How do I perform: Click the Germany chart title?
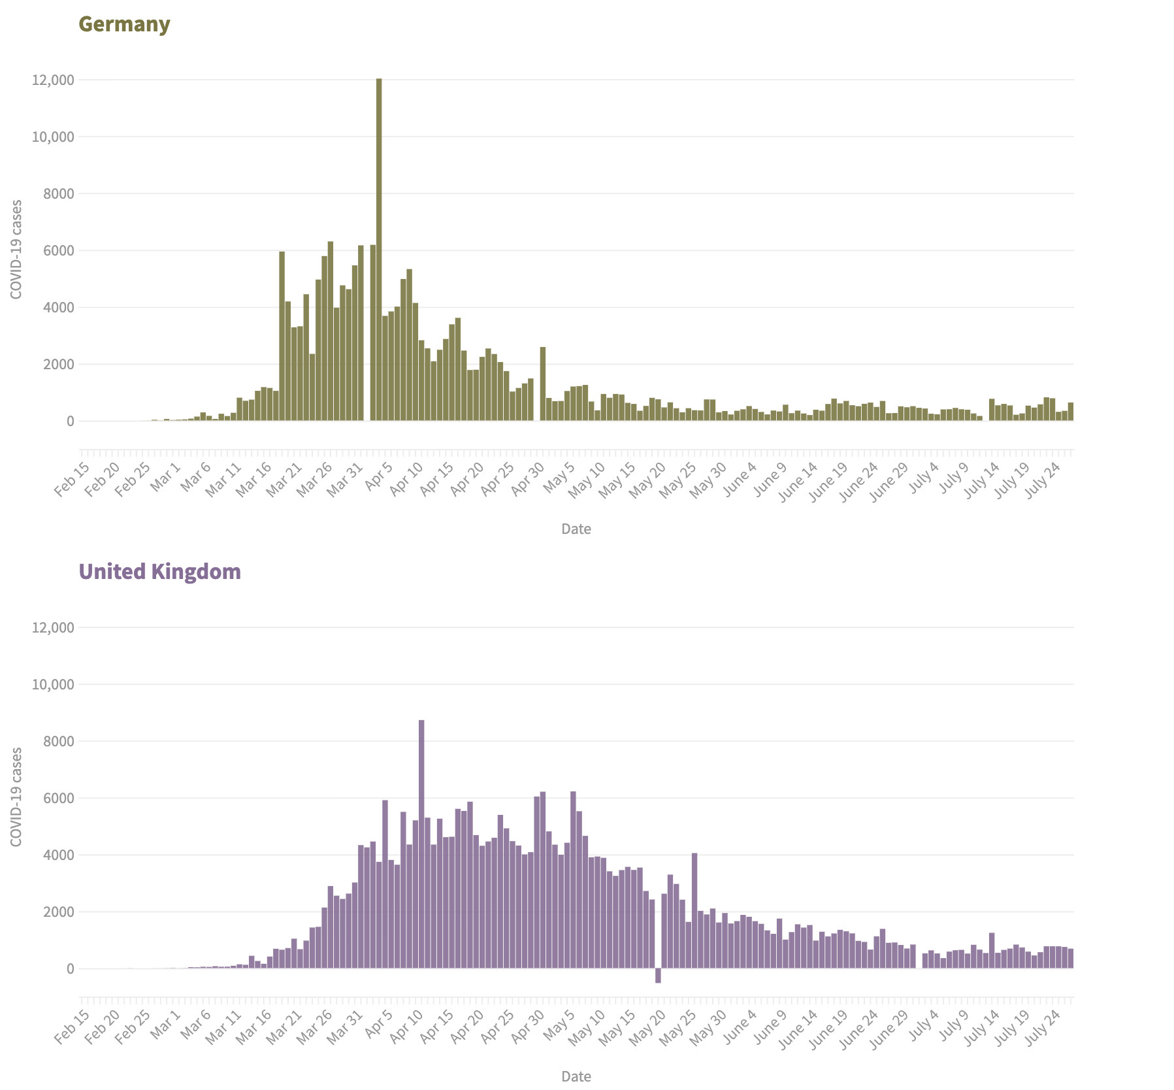(124, 24)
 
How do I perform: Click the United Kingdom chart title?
(159, 572)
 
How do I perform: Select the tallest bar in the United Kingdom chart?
(421, 844)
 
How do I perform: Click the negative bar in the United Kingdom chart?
(658, 976)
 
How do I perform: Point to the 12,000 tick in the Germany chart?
(53, 80)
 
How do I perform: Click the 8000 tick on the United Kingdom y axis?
(60, 742)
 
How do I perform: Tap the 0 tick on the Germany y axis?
(69, 421)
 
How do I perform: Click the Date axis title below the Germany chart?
(576, 529)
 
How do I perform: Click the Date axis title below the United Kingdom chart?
(576, 1076)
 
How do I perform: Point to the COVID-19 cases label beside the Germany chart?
(16, 250)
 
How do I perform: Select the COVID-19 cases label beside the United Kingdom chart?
(16, 797)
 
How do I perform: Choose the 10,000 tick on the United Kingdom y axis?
(53, 685)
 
